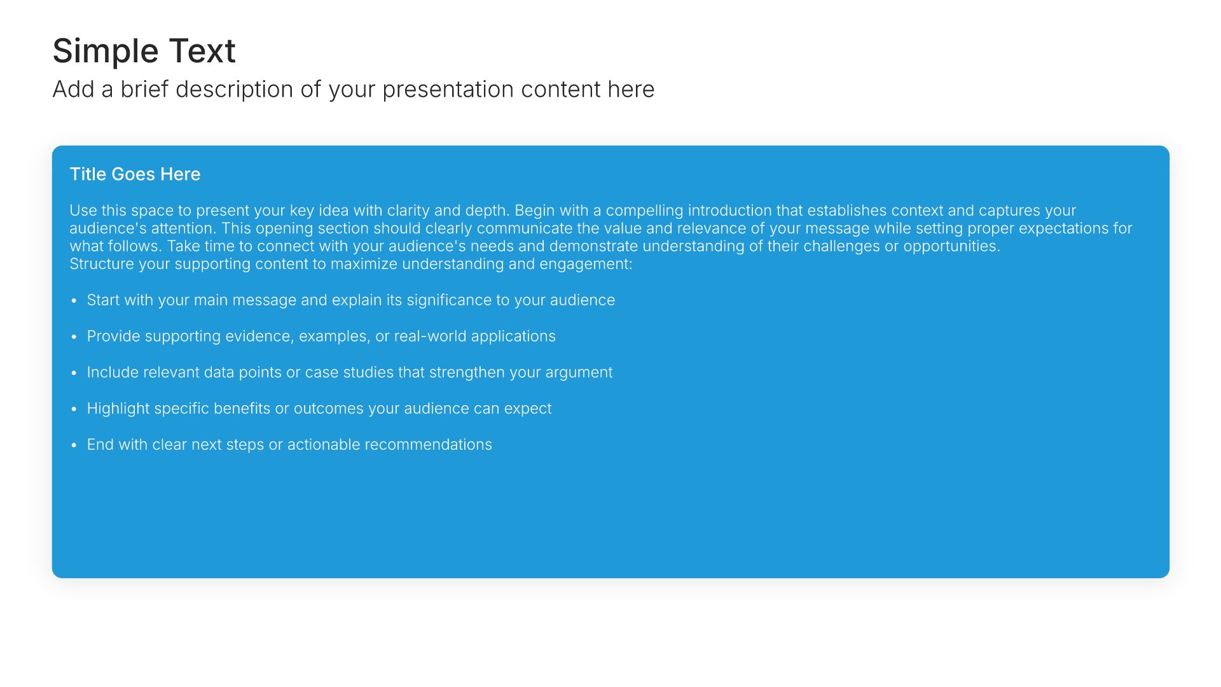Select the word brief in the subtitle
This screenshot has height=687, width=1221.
coord(144,89)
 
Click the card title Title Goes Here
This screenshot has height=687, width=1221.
coord(135,174)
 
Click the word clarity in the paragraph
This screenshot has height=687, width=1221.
coord(408,211)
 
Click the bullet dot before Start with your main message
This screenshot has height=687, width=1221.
coord(74,301)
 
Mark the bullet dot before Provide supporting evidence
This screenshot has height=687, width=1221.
coord(74,337)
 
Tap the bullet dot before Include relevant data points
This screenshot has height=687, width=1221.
coord(74,373)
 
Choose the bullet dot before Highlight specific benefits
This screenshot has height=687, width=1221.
coord(74,410)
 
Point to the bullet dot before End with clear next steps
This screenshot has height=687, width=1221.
coord(74,446)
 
